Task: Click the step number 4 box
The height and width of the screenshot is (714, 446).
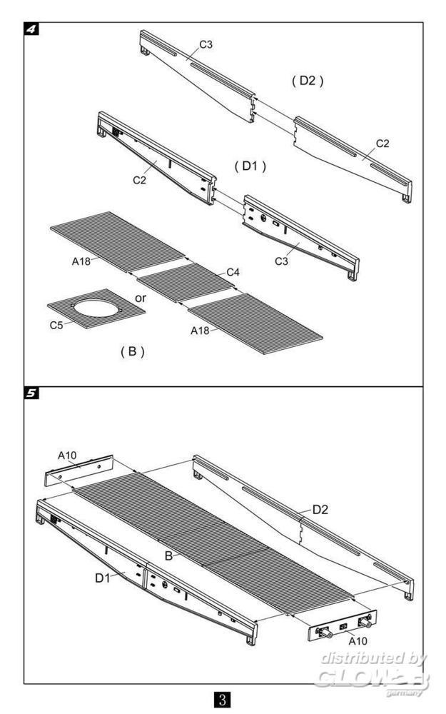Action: pos(31,29)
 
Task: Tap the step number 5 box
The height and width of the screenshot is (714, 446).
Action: pos(31,393)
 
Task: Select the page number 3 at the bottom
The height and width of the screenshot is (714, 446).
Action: pos(223,697)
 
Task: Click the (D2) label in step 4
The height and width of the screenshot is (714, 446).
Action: pos(308,81)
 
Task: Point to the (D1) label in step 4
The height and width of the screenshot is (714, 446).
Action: pos(250,166)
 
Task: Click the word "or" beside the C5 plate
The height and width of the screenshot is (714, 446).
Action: pos(141,297)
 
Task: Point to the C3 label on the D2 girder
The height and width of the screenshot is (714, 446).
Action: pos(206,44)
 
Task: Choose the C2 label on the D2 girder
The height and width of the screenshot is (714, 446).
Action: pos(382,144)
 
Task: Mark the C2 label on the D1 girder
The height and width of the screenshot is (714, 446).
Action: pos(139,181)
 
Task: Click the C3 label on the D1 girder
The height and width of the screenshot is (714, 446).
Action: pos(283,263)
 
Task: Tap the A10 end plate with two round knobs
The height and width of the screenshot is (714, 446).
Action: pos(343,626)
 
